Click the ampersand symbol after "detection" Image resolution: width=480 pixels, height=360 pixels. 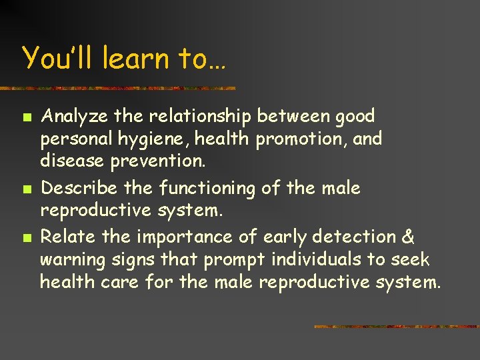tap(408, 237)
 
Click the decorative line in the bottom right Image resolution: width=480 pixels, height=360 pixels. tap(396, 327)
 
